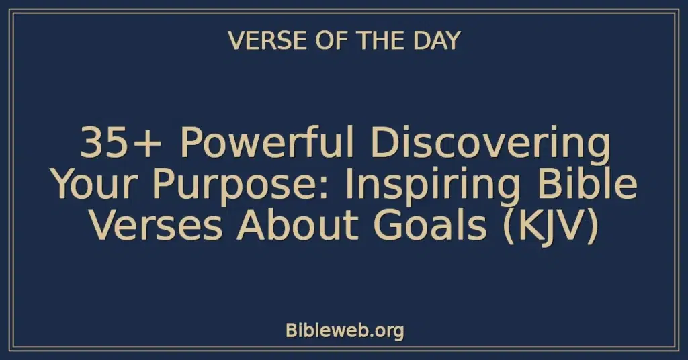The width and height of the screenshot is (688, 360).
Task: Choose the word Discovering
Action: pyautogui.click(x=490, y=144)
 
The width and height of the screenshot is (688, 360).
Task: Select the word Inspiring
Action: pyautogui.click(x=433, y=186)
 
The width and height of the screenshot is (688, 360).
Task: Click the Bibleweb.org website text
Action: pyautogui.click(x=345, y=330)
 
